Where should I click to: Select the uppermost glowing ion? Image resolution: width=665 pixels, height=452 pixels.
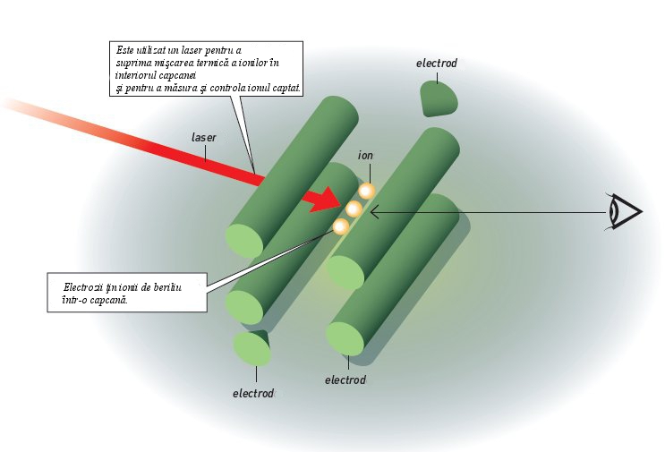(366, 191)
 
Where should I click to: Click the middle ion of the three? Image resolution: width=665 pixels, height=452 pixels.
(354, 209)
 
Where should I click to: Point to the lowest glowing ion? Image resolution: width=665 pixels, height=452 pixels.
(341, 226)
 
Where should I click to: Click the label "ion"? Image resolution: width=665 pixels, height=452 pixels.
(365, 156)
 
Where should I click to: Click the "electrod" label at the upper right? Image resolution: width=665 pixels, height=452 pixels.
(437, 64)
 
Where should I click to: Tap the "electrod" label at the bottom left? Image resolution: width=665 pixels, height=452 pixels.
(252, 393)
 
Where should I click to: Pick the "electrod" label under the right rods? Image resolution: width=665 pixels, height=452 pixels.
(345, 380)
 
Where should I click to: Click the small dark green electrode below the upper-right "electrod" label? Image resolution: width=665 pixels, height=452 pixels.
(439, 97)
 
